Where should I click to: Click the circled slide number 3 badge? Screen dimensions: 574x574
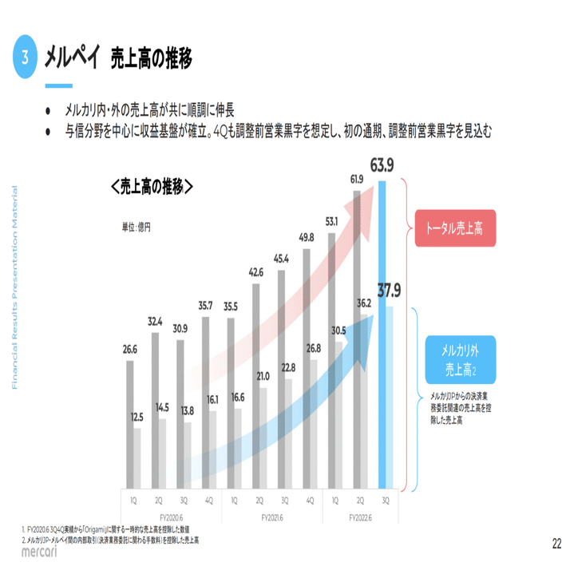coord(26,58)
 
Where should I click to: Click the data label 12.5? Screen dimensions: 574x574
coord(137,417)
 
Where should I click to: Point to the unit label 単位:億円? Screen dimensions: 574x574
coord(137,227)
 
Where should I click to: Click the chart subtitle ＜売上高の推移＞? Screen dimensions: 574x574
coord(152,187)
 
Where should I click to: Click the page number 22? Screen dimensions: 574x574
coord(555,544)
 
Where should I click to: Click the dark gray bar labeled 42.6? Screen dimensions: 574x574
coord(255,383)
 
